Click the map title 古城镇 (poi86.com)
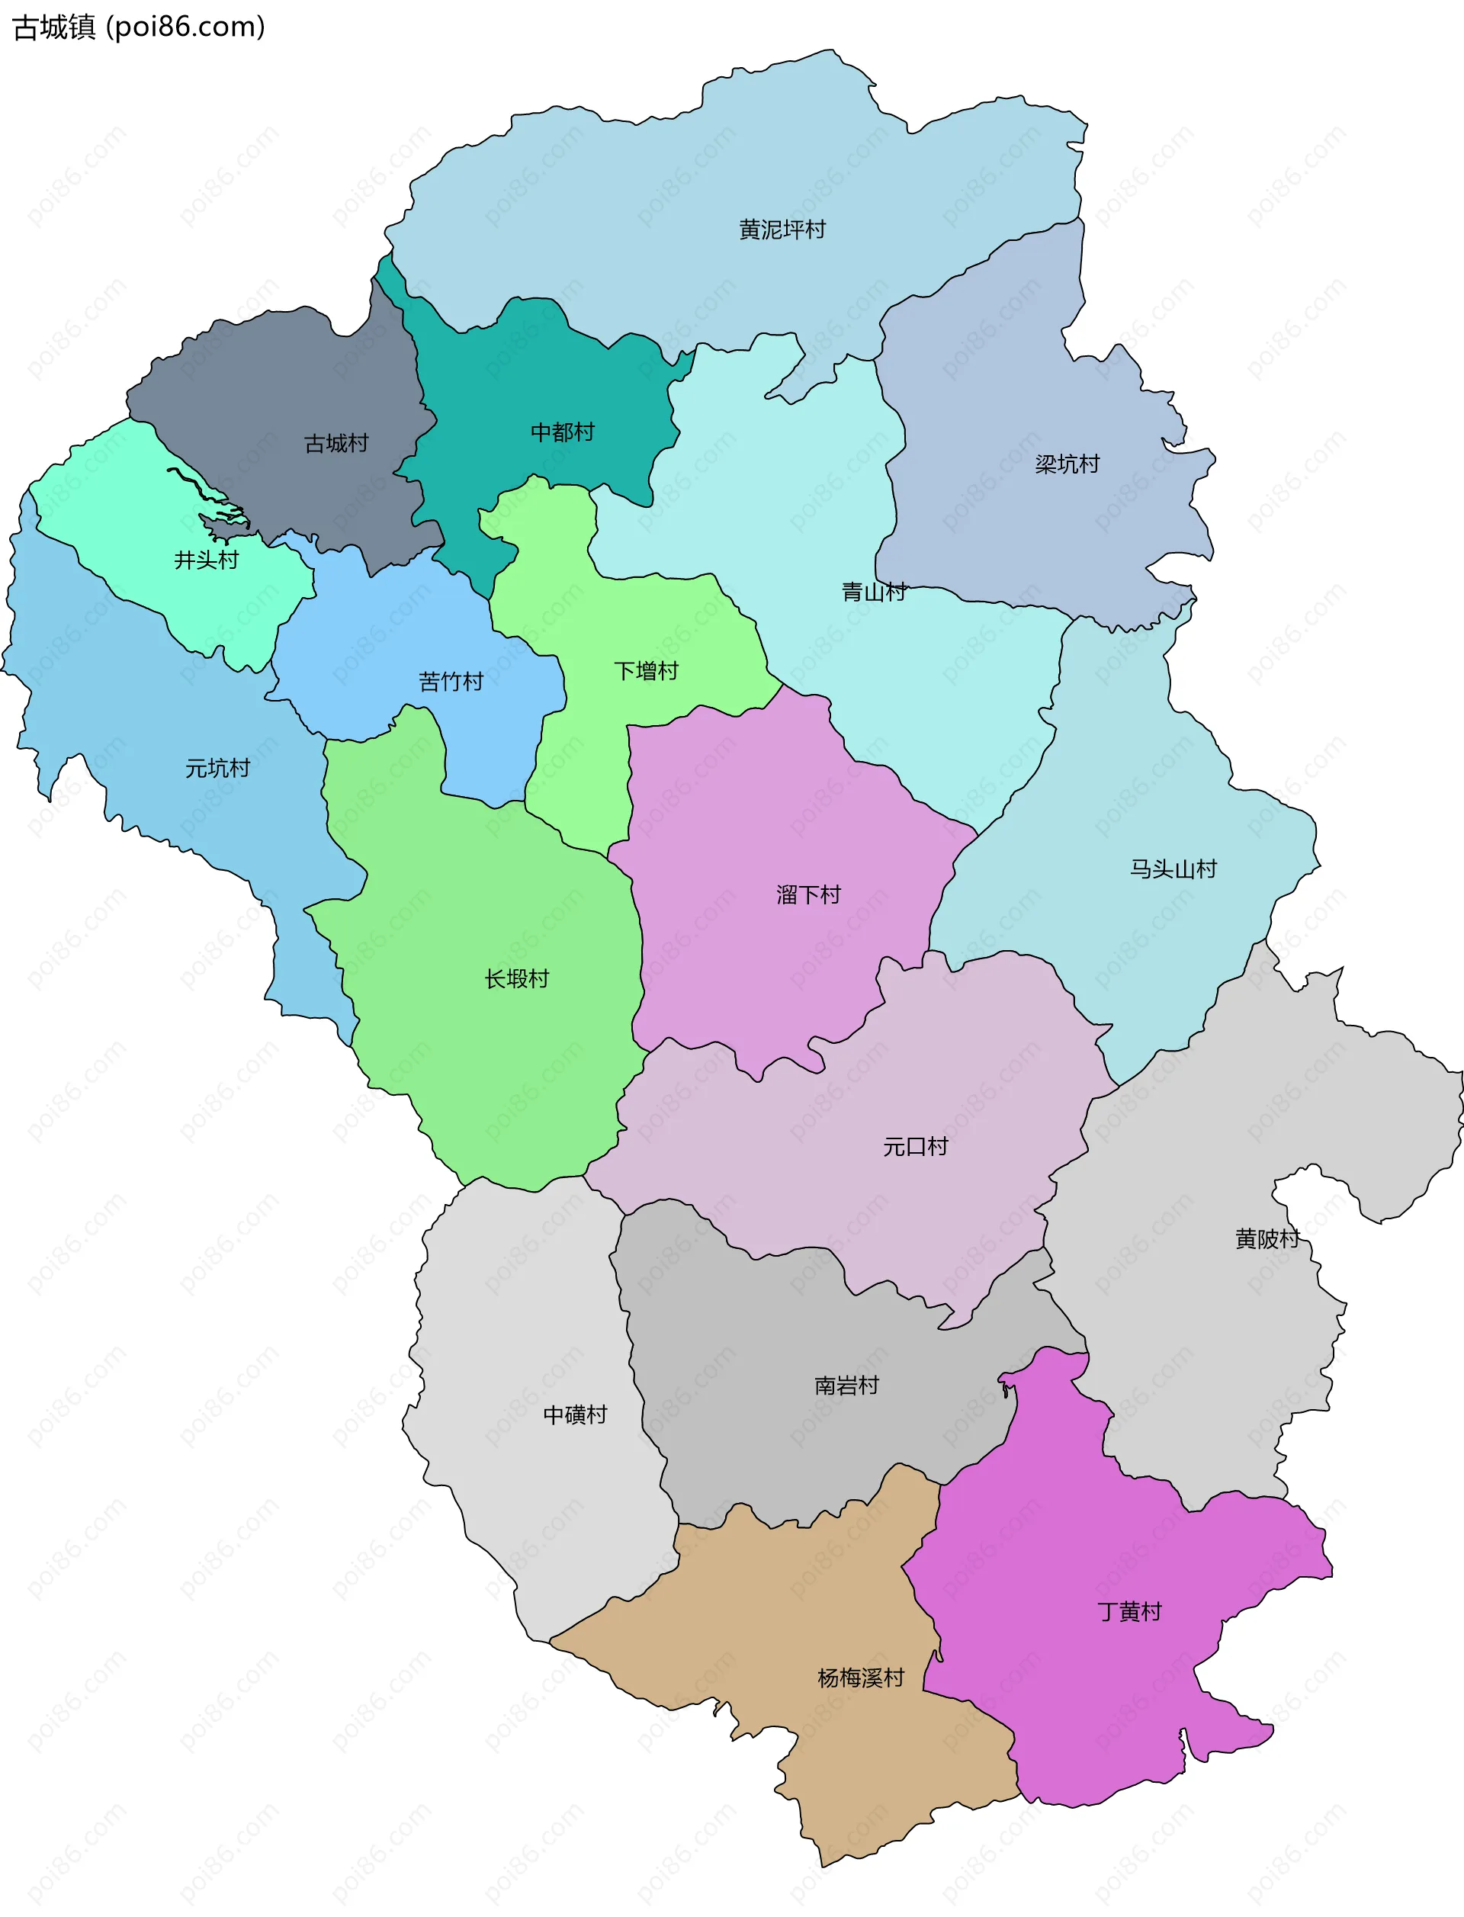pyautogui.click(x=139, y=27)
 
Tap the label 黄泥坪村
pyautogui.click(x=782, y=230)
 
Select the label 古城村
pyautogui.click(x=335, y=444)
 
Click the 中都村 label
pyautogui.click(x=562, y=432)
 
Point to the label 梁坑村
pyautogui.click(x=1067, y=464)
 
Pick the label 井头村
pyautogui.click(x=206, y=560)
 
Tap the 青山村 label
pyautogui.click(x=873, y=592)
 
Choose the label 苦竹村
pyautogui.click(x=451, y=682)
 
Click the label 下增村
pyautogui.click(x=646, y=671)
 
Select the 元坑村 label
pyautogui.click(x=217, y=768)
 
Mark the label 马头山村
pyautogui.click(x=1172, y=869)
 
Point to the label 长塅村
pyautogui.click(x=516, y=978)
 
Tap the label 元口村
pyautogui.click(x=914, y=1147)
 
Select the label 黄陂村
pyautogui.click(x=1267, y=1238)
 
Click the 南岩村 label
pyautogui.click(x=846, y=1386)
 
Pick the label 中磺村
pyautogui.click(x=574, y=1414)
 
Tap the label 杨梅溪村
pyautogui.click(x=860, y=1678)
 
